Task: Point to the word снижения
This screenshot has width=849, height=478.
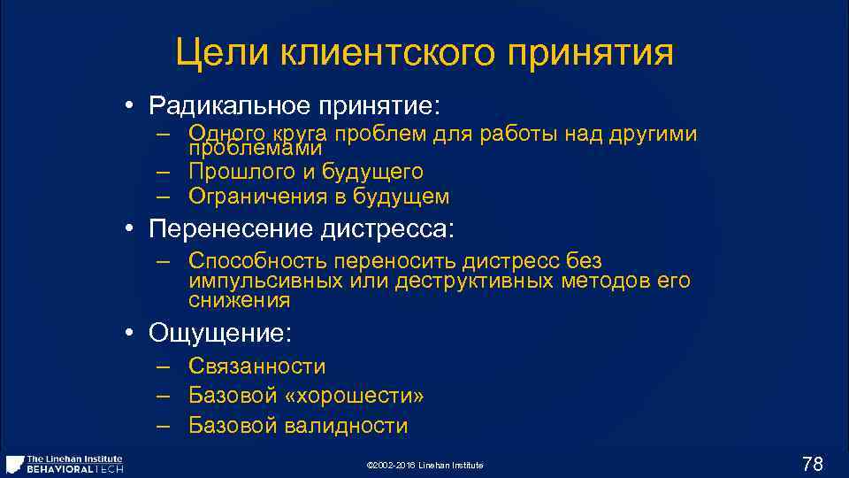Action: click(x=239, y=302)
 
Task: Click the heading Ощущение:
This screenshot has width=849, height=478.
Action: click(x=220, y=334)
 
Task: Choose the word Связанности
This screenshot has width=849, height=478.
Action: click(x=256, y=366)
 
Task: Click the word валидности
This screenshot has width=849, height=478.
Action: click(x=347, y=426)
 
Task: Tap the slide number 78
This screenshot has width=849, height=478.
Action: click(x=812, y=463)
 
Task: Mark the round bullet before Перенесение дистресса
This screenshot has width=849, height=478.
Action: click(x=129, y=230)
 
